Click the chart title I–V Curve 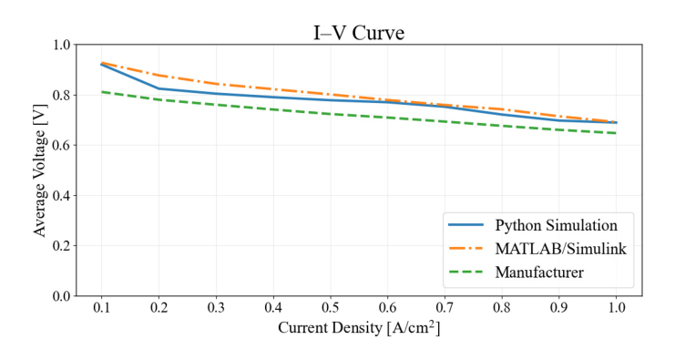[x=359, y=33]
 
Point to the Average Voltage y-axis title [x=39, y=170]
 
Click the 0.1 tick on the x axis [x=102, y=307]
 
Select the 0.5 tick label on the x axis [x=330, y=307]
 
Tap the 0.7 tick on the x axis [x=445, y=307]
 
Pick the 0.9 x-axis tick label [x=558, y=307]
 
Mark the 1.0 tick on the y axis [x=62, y=45]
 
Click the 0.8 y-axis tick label [x=62, y=95]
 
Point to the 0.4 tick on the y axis [x=62, y=196]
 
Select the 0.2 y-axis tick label [x=62, y=246]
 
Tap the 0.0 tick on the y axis [x=62, y=296]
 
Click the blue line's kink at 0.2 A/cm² [x=159, y=88]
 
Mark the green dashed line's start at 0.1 [x=102, y=92]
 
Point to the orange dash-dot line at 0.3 [x=216, y=84]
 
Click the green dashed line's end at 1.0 [x=616, y=133]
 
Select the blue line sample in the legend [x=465, y=225]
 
